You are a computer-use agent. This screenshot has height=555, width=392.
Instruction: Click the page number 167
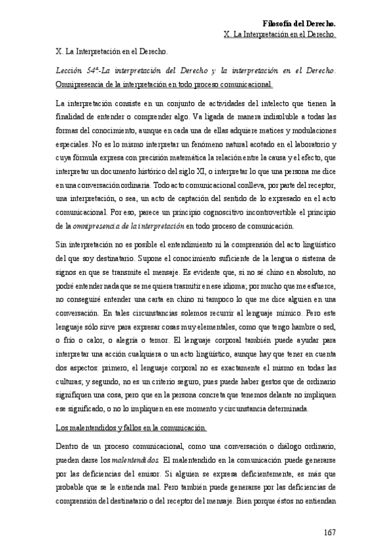tap(329, 532)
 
